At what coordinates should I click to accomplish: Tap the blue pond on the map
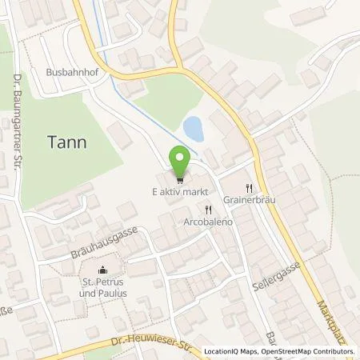pos(193,126)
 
